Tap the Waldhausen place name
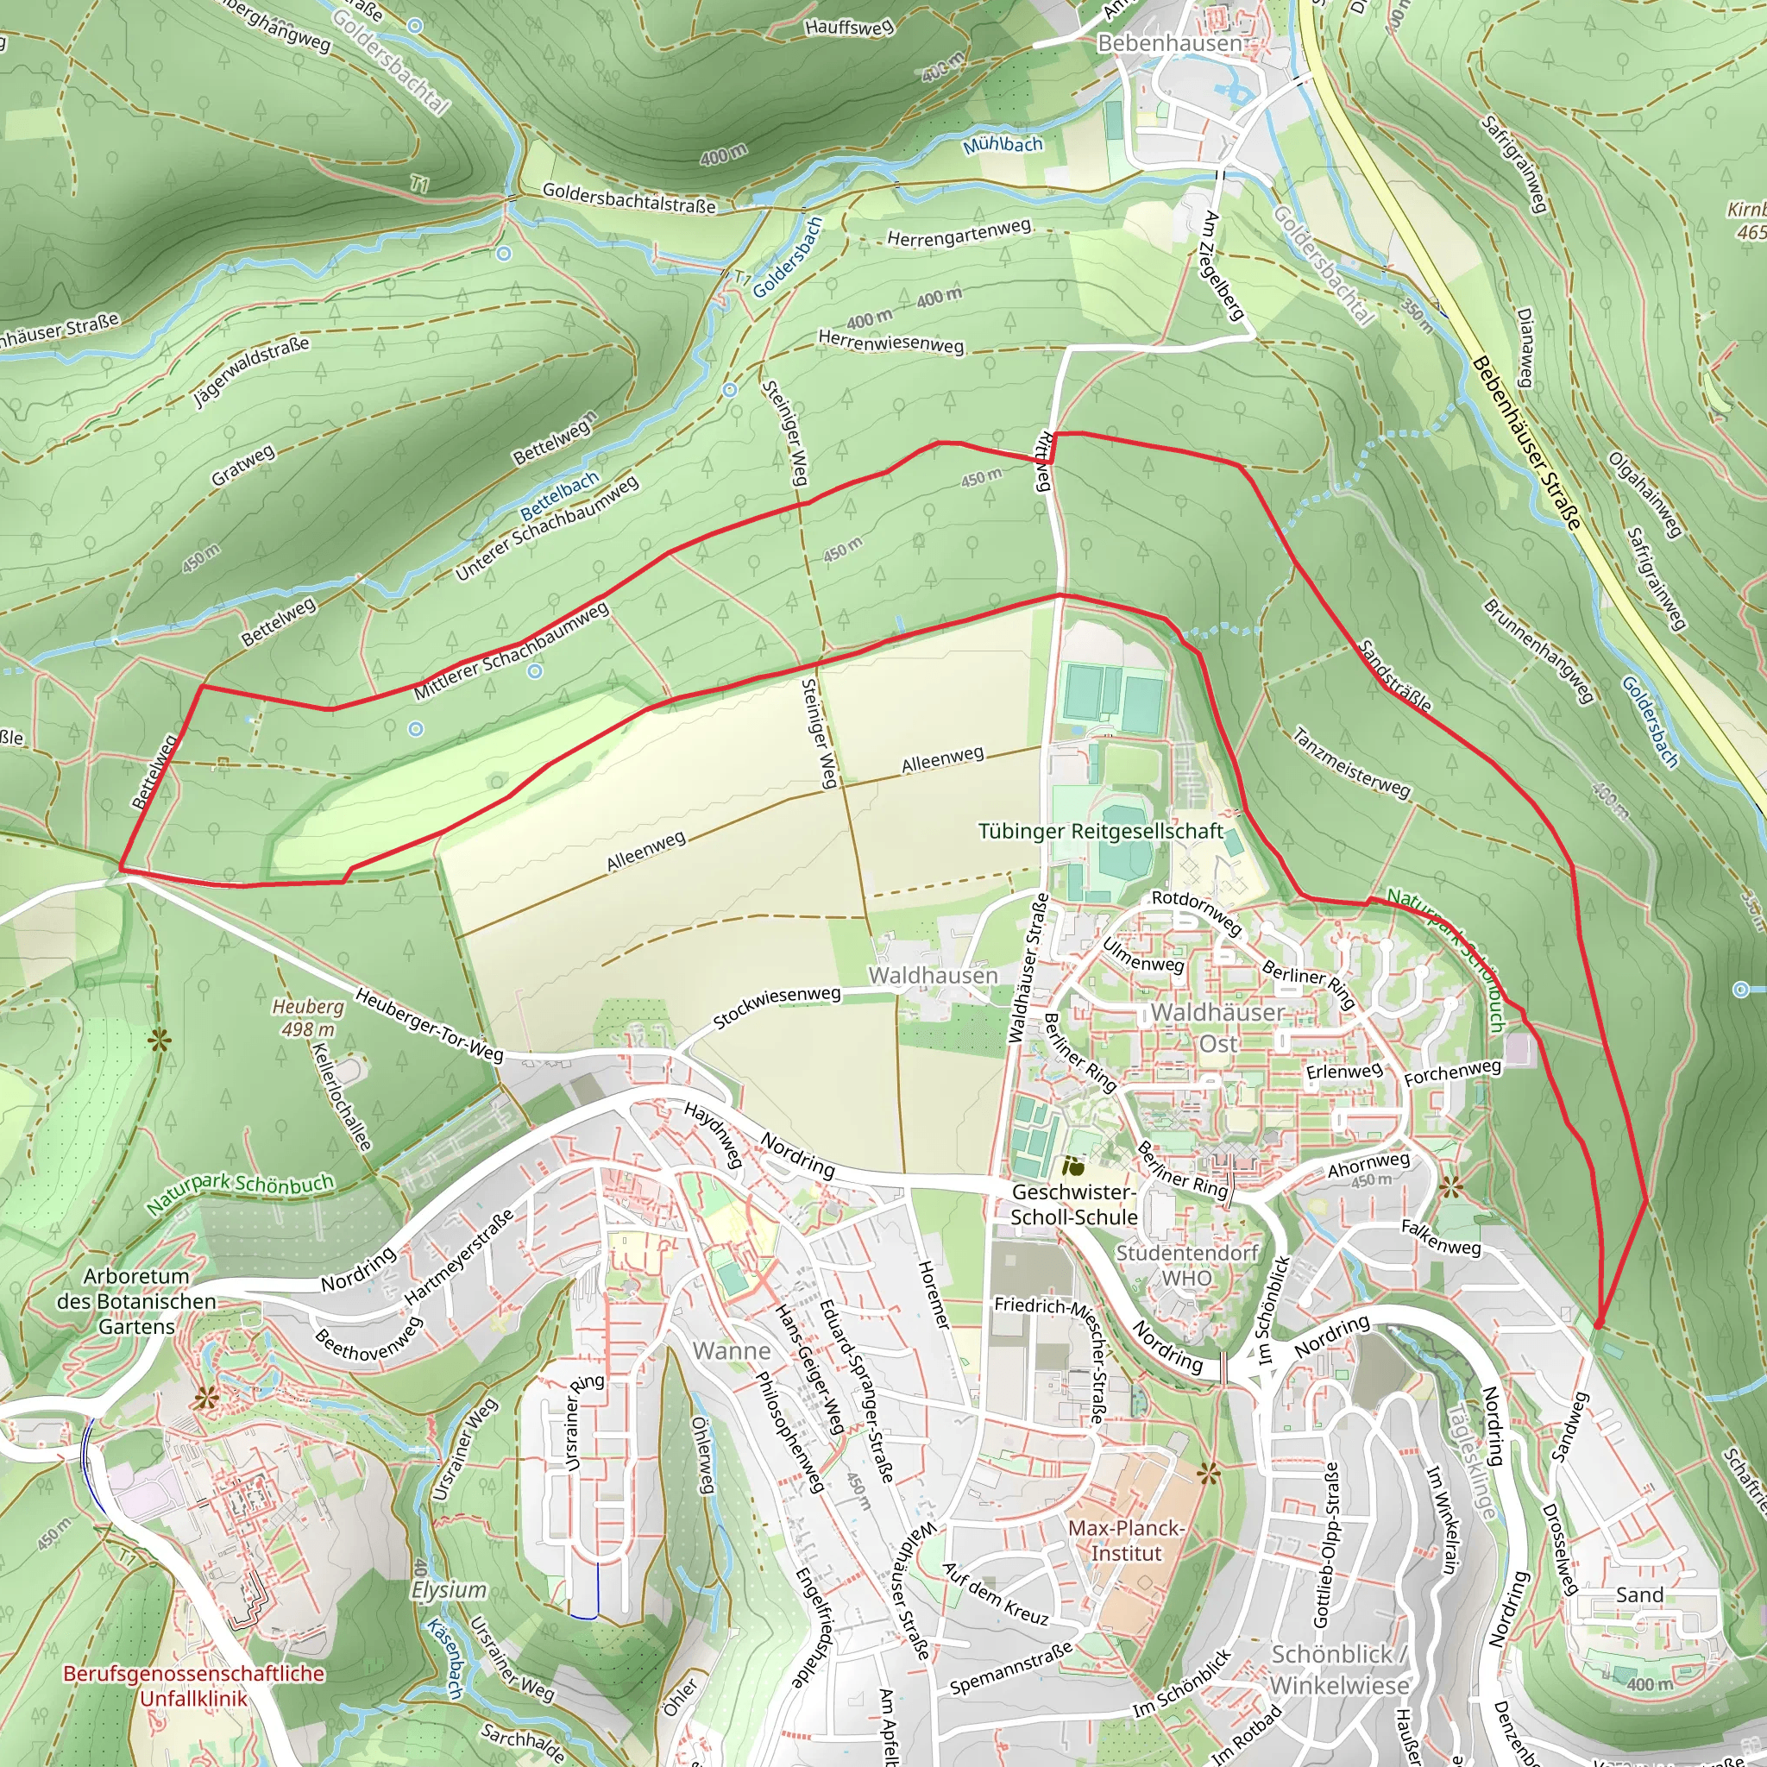click(x=933, y=976)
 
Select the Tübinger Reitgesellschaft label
click(x=1100, y=832)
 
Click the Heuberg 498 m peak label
click(x=307, y=1018)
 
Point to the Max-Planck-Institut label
click(x=1126, y=1540)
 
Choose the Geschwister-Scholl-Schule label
click(x=1073, y=1204)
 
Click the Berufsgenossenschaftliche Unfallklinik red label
click(x=193, y=1686)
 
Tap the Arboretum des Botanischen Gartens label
click(x=136, y=1300)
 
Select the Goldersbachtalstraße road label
click(x=628, y=198)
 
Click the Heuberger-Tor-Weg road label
click(x=429, y=1025)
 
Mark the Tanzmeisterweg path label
click(x=1352, y=763)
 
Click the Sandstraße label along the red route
click(x=1395, y=676)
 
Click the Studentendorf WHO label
click(x=1187, y=1265)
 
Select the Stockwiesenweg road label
click(x=777, y=1007)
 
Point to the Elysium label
click(x=448, y=1589)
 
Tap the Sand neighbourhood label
click(x=1639, y=1595)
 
